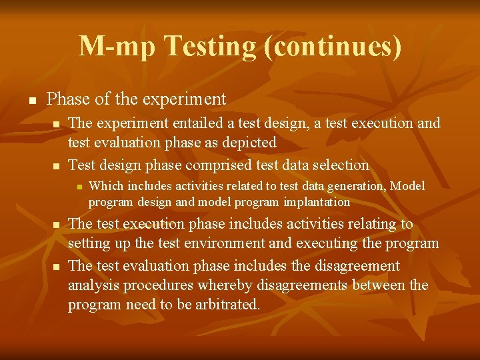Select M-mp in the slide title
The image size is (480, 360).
[x=117, y=46]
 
